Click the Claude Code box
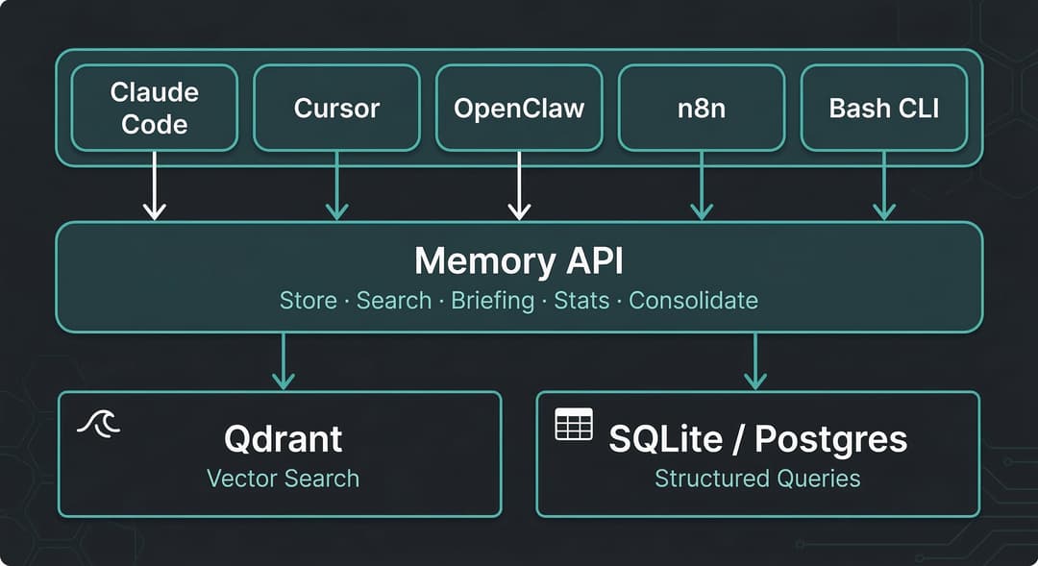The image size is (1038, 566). tap(154, 108)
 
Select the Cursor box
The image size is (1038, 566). tap(337, 108)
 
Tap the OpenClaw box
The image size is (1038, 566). tap(519, 108)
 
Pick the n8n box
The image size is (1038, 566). tap(702, 108)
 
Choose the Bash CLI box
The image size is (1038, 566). tap(884, 108)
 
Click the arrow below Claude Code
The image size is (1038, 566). tap(154, 186)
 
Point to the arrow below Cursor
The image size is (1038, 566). tap(337, 186)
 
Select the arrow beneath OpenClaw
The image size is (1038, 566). tap(519, 186)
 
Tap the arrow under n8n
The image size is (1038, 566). tap(702, 186)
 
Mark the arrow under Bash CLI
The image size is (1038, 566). tap(884, 186)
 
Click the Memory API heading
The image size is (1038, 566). tap(519, 260)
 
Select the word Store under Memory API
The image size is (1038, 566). tap(309, 301)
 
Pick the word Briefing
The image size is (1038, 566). tap(492, 301)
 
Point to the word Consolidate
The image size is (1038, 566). tap(693, 301)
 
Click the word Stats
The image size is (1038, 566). tap(581, 301)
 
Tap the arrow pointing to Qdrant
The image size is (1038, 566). tap(284, 361)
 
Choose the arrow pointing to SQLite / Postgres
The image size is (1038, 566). tap(755, 361)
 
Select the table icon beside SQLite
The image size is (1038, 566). tap(574, 425)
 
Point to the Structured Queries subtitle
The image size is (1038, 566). tap(757, 479)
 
